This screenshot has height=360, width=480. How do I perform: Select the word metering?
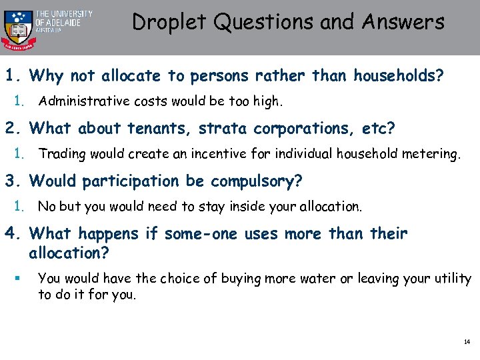click(433, 154)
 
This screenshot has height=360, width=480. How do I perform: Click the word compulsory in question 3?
click(257, 181)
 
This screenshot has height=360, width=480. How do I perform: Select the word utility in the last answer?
click(454, 279)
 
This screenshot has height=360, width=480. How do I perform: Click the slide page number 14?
click(466, 342)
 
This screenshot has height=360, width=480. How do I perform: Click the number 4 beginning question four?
click(9, 234)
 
